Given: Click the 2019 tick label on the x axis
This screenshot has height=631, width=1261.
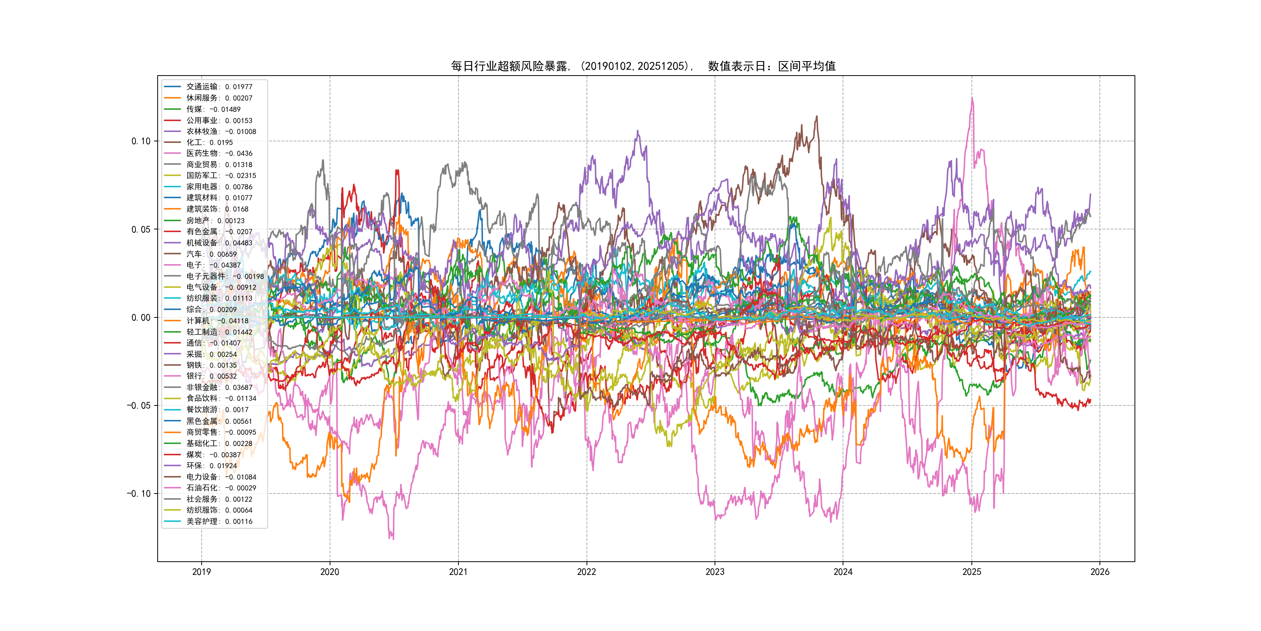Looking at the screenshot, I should (x=201, y=572).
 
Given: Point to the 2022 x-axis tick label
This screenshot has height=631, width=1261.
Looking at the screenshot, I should (x=587, y=572).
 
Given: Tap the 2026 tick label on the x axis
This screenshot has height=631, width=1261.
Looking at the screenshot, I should (x=1100, y=572).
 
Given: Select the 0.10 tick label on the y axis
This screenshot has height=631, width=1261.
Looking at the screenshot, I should (x=141, y=141).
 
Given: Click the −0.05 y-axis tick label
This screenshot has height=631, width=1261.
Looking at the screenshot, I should (x=139, y=405).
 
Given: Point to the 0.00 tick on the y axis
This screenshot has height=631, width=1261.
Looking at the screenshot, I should (x=141, y=317).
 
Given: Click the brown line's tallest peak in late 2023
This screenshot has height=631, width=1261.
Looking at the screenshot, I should (x=817, y=116).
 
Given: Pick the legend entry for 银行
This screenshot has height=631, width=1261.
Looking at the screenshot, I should (x=211, y=376).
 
